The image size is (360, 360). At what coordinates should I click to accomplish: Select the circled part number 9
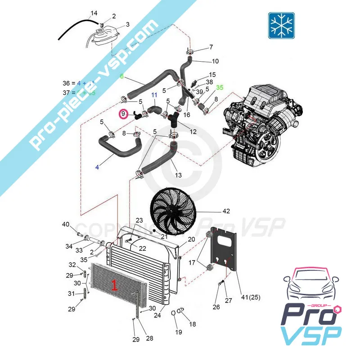[x=123, y=115]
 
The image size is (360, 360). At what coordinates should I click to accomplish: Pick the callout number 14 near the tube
[x=94, y=13]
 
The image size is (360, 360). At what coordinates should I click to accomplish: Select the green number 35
[x=220, y=88]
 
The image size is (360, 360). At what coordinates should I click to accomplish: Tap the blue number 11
[x=154, y=95]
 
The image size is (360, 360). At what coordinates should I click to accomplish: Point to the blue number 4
[x=97, y=167]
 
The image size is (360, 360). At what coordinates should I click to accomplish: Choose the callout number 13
[x=179, y=175]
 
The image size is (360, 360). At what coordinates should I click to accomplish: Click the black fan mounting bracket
[x=224, y=250]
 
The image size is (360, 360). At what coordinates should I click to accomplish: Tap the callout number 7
[x=211, y=47]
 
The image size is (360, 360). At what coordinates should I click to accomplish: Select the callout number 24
[x=157, y=315]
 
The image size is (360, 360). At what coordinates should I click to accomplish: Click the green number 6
[x=121, y=76]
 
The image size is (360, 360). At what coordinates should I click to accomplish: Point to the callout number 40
[x=66, y=225]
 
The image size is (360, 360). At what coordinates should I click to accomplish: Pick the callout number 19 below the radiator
[x=179, y=332]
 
